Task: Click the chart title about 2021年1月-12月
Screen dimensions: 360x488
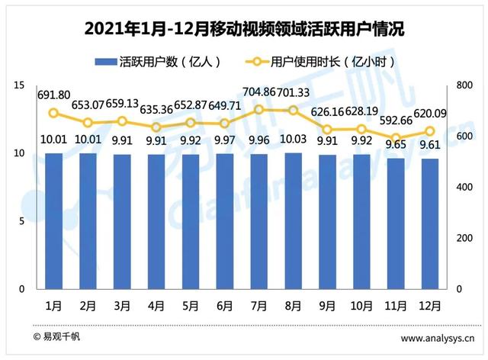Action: pos(243,29)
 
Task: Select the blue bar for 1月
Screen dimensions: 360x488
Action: pos(53,220)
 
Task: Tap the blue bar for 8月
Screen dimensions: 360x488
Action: pos(293,220)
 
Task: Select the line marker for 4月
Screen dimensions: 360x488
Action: pos(156,127)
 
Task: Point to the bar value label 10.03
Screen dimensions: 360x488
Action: pos(293,140)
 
